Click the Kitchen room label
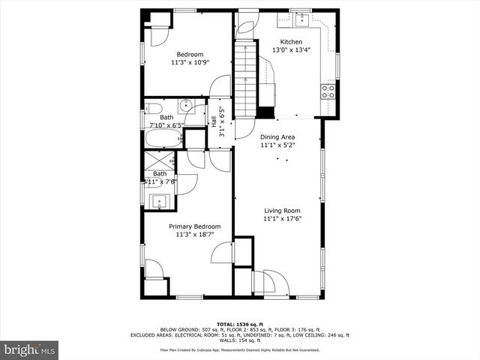point(291,42)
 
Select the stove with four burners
point(328,91)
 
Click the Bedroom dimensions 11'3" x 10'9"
point(190,62)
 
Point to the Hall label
point(214,120)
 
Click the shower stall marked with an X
point(158,160)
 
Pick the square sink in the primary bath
point(158,200)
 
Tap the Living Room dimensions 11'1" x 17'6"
point(281,220)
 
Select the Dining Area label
point(277,137)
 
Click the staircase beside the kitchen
point(247,78)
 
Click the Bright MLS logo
point(29,349)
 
